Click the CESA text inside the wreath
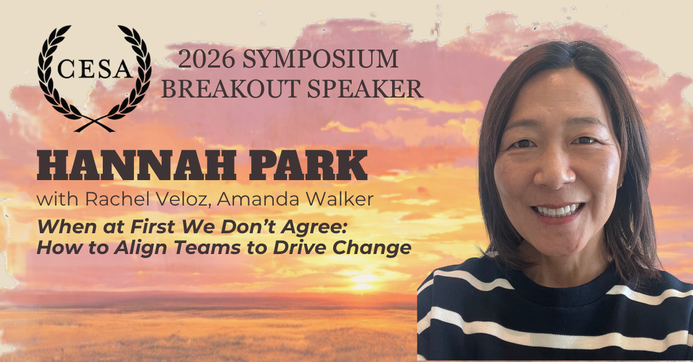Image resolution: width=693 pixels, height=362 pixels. point(95,69)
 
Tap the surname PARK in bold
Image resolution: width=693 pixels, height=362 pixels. point(308,165)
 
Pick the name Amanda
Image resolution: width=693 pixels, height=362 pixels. point(258,199)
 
